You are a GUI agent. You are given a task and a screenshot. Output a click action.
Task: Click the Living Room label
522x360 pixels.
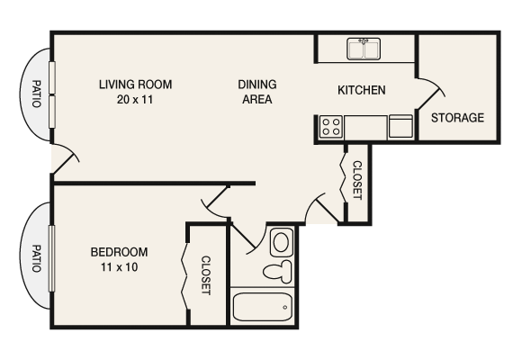tap(135, 85)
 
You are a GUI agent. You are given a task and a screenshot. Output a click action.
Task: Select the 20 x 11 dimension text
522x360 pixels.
tap(135, 100)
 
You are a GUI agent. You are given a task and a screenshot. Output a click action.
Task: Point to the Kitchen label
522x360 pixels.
tap(362, 90)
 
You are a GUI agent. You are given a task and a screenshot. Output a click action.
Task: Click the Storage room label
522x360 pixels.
tap(457, 118)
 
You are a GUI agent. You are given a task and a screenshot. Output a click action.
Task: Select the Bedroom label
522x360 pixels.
tap(119, 252)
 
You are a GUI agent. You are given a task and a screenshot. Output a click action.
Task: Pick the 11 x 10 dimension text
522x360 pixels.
tap(119, 267)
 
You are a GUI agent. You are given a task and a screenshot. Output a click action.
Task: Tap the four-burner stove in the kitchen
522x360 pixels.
tap(330, 127)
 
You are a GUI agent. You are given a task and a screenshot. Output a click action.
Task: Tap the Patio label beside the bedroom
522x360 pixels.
tap(37, 260)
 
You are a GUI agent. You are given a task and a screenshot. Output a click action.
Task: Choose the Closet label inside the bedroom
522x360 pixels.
tap(206, 276)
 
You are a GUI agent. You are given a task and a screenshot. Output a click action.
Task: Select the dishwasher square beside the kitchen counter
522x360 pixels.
tap(400, 126)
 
